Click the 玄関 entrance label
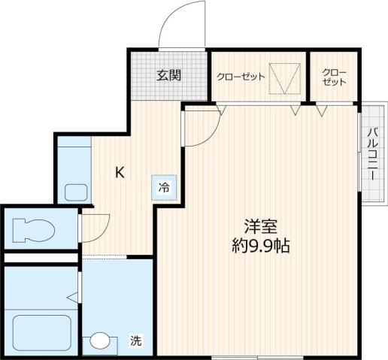pos(168,74)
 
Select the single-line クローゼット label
pos(241,77)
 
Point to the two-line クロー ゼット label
pos(334,77)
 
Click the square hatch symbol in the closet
pos(285,77)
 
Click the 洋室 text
pos(260,225)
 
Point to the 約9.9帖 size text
pos(261,245)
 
